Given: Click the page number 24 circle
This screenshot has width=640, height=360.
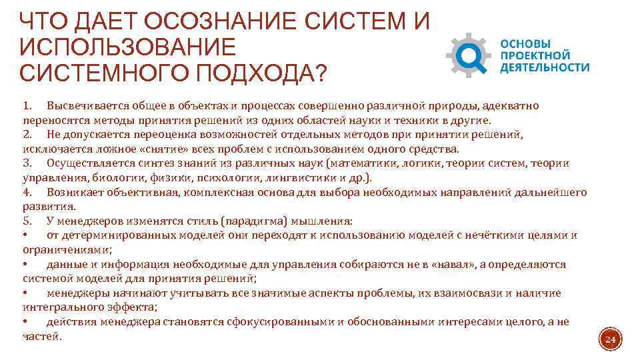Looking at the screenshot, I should tap(610, 341).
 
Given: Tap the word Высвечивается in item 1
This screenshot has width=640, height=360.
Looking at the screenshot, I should tap(85, 106).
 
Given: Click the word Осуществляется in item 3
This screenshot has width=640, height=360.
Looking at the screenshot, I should tap(87, 163).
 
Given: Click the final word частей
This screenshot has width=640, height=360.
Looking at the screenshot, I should tap(41, 336).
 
